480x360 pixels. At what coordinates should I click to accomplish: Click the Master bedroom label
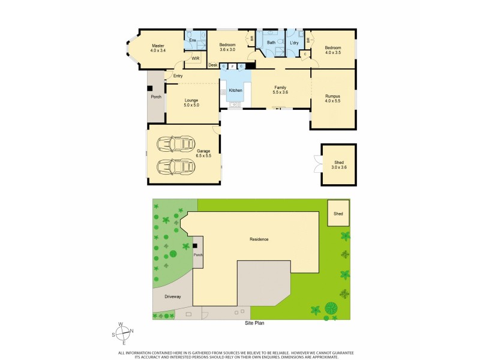click(158, 48)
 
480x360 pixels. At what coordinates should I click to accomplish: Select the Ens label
click(193, 41)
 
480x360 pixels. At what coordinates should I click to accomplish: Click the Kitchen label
click(235, 90)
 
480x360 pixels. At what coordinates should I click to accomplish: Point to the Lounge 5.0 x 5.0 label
click(191, 103)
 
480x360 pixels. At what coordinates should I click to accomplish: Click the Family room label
click(280, 89)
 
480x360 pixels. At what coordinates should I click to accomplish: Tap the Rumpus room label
click(332, 98)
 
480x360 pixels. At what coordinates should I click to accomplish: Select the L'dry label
click(294, 43)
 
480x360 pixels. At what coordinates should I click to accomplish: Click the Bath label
click(271, 43)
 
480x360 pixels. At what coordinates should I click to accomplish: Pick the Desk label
click(213, 65)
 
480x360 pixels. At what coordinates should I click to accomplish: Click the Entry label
click(178, 76)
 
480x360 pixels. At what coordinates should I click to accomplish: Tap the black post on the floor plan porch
click(150, 88)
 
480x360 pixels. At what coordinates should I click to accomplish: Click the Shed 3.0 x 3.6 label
click(339, 164)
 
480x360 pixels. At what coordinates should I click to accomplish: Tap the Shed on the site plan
click(339, 213)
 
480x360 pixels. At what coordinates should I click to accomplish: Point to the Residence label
click(259, 239)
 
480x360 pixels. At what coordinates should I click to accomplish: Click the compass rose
click(122, 332)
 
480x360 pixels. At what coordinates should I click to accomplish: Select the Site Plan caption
click(254, 323)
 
